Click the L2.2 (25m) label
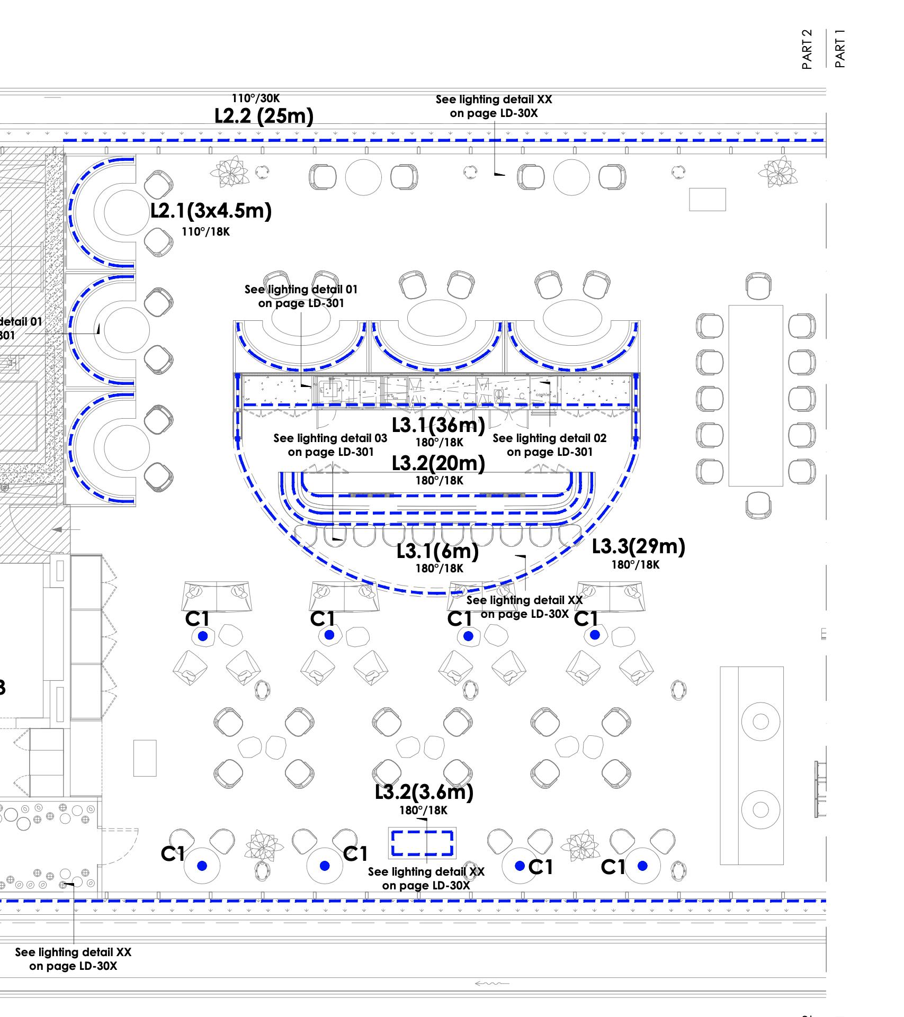click(264, 115)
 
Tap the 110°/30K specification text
click(255, 98)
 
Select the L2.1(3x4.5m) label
click(211, 211)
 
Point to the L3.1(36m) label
click(438, 425)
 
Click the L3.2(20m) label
click(438, 463)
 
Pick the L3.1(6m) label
click(438, 551)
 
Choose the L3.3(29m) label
click(638, 546)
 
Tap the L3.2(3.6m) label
click(424, 792)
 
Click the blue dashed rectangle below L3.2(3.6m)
click(422, 843)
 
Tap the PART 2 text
click(807, 49)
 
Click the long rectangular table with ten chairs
click(756, 395)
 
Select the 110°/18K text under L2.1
click(205, 232)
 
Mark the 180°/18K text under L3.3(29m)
click(636, 565)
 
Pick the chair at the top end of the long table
click(758, 286)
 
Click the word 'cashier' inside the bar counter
click(543, 395)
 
